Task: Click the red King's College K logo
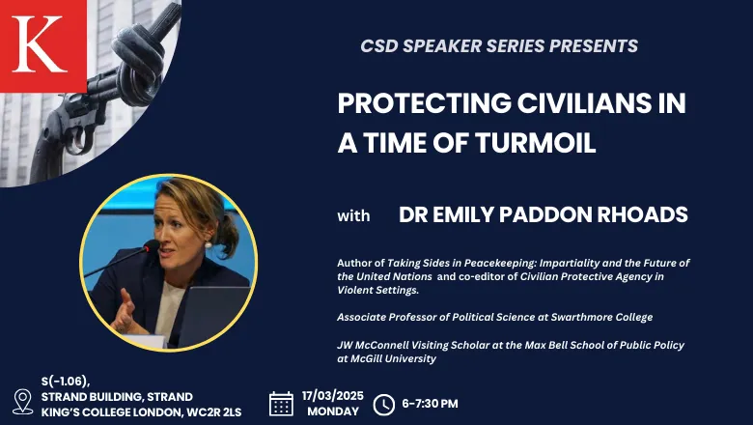[42, 45]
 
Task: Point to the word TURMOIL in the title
[536, 143]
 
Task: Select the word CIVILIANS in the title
[576, 102]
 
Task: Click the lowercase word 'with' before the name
[353, 215]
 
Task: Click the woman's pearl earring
[208, 244]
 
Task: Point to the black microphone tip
[152, 245]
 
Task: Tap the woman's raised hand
[124, 313]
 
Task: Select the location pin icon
[22, 402]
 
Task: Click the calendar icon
[281, 404]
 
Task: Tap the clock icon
[383, 405]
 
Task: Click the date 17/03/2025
[333, 396]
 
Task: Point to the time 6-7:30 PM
[430, 404]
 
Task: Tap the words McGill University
[386, 358]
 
